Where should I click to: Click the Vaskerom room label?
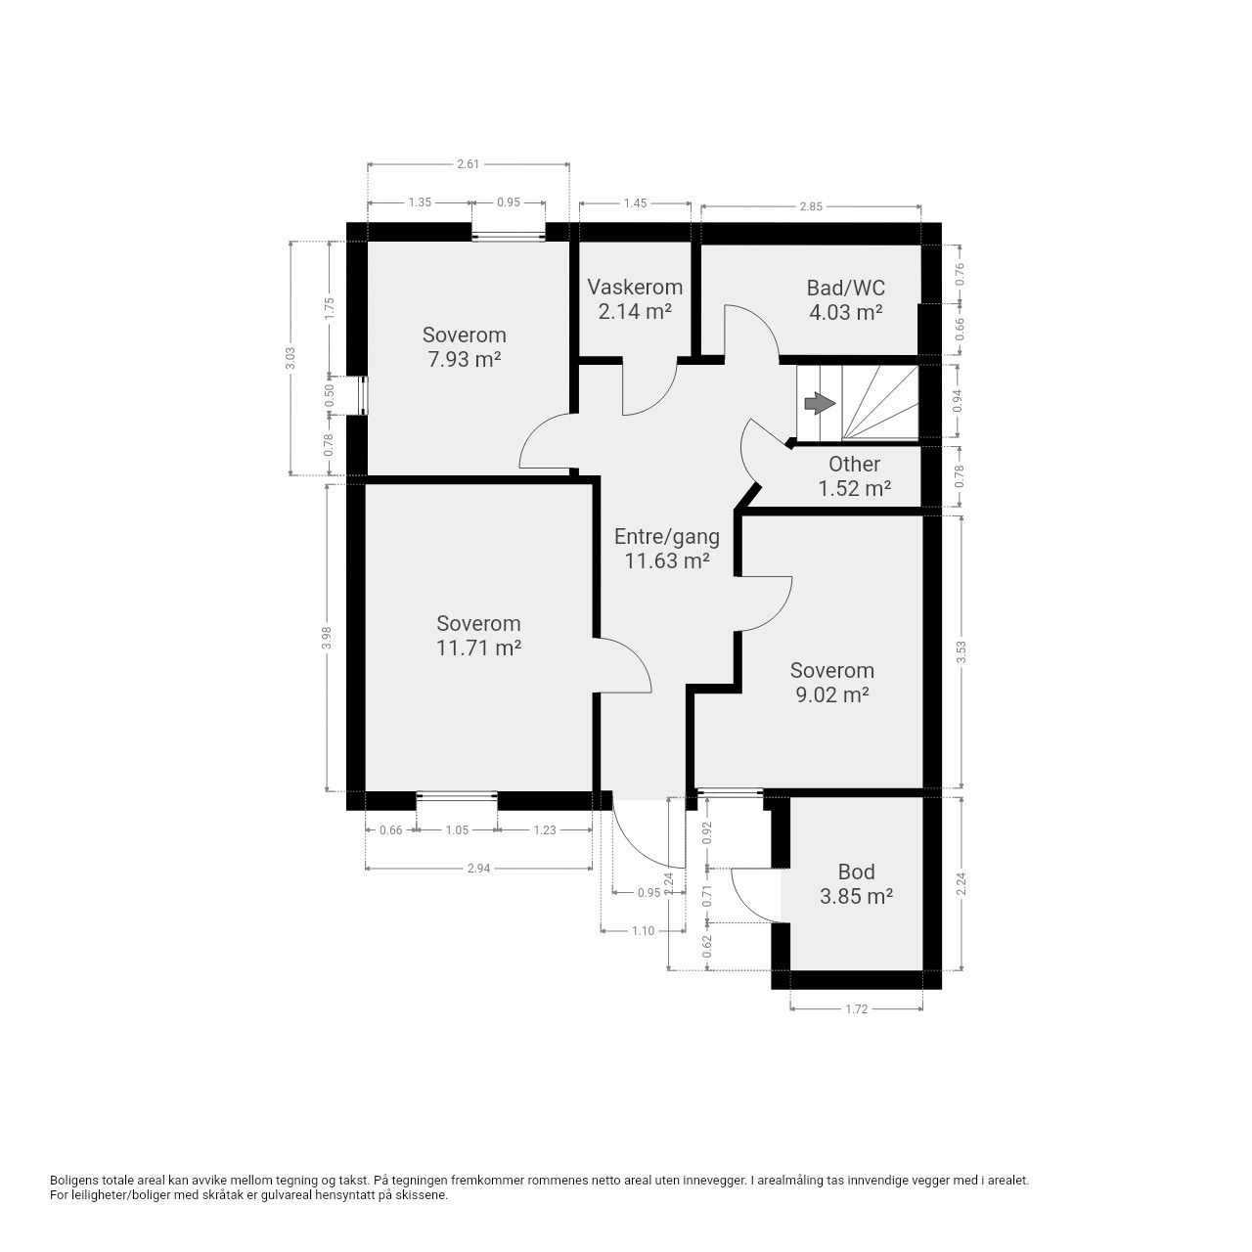pyautogui.click(x=635, y=287)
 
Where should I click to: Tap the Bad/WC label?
pyautogui.click(x=845, y=288)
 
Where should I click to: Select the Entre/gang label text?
pyautogui.click(x=667, y=537)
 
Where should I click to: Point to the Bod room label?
pyautogui.click(x=856, y=872)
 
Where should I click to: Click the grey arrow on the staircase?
pyautogui.click(x=820, y=403)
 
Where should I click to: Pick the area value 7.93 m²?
pyautogui.click(x=464, y=359)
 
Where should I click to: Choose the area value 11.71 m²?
pyautogui.click(x=478, y=648)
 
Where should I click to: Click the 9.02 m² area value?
pyautogui.click(x=832, y=694)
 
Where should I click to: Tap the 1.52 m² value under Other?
pyautogui.click(x=854, y=488)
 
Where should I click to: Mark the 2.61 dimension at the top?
pyautogui.click(x=468, y=163)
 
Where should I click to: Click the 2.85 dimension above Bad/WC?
pyautogui.click(x=811, y=206)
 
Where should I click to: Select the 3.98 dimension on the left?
pyautogui.click(x=328, y=638)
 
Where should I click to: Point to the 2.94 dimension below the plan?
pyautogui.click(x=479, y=868)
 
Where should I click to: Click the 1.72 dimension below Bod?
pyautogui.click(x=856, y=1009)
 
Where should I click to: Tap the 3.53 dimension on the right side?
pyautogui.click(x=961, y=651)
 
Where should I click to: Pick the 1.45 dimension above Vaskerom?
pyautogui.click(x=635, y=202)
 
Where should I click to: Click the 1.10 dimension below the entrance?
pyautogui.click(x=644, y=931)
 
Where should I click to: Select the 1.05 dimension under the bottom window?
pyautogui.click(x=457, y=829)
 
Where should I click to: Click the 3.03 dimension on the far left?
pyautogui.click(x=291, y=358)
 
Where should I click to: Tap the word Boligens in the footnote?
pyautogui.click(x=75, y=1181)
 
